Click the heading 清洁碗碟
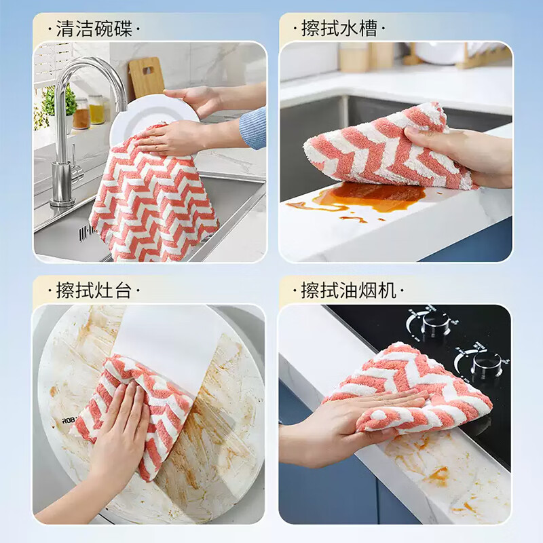[x=94, y=29]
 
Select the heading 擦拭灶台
[x=94, y=291]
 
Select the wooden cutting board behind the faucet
[x=147, y=77]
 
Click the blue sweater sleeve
[x=253, y=127]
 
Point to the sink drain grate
[x=86, y=233]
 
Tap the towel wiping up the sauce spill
[x=380, y=149]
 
